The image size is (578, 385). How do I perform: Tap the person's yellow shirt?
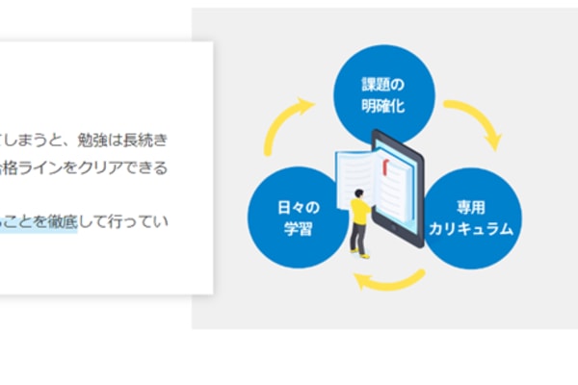(x=359, y=213)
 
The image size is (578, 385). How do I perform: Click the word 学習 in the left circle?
(x=297, y=230)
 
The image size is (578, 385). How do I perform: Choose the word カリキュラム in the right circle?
(x=473, y=230)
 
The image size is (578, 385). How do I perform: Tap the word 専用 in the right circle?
(x=473, y=207)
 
